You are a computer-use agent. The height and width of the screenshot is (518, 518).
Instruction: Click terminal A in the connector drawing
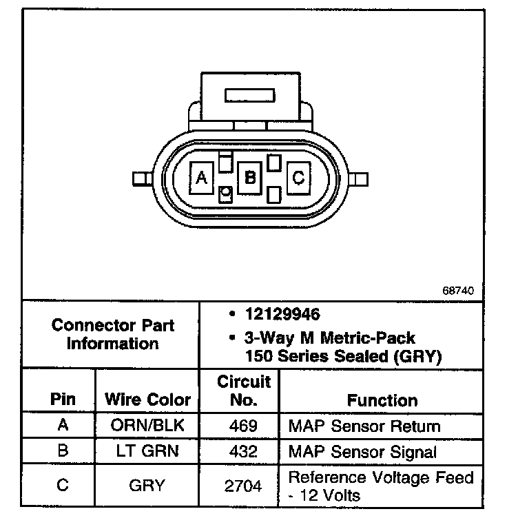[202, 178]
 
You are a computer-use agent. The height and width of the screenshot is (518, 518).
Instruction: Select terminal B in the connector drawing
[250, 178]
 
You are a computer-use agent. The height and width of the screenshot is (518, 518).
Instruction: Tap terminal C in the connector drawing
[298, 178]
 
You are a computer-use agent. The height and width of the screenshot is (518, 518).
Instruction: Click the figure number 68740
[458, 291]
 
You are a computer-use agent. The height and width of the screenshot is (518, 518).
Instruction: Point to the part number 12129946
[283, 315]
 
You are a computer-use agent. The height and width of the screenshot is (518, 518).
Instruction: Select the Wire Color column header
[147, 400]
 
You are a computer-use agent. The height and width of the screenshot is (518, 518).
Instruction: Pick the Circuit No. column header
[244, 391]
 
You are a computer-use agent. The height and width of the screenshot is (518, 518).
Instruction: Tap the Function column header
[382, 400]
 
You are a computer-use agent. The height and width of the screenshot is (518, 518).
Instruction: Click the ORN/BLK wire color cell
[147, 426]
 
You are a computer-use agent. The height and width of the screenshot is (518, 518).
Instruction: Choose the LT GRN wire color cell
[147, 452]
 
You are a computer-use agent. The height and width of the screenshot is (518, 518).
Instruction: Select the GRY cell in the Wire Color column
[147, 485]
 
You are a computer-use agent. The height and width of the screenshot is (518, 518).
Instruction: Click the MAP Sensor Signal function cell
[362, 452]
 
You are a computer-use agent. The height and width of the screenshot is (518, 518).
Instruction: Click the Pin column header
[63, 400]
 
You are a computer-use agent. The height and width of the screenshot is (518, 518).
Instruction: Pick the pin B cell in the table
[63, 452]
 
